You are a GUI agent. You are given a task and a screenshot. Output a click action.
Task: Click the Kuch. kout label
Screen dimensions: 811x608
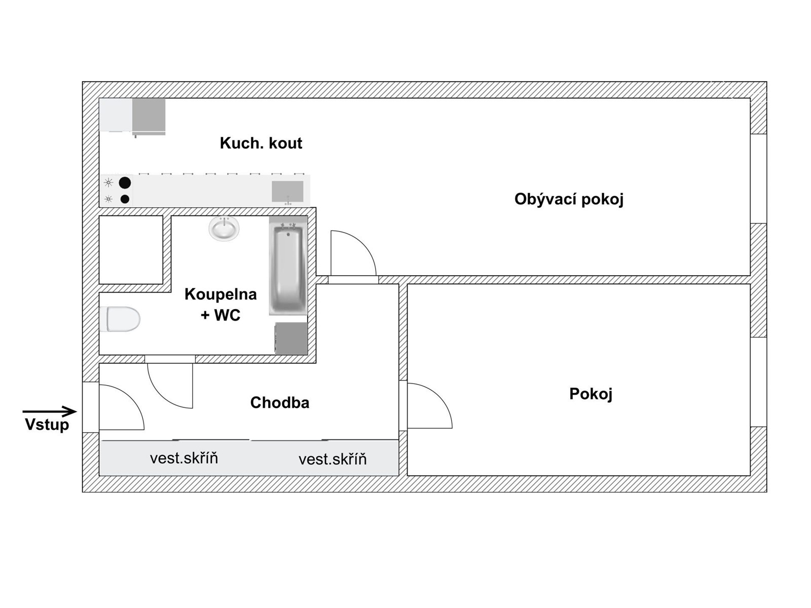[261, 143]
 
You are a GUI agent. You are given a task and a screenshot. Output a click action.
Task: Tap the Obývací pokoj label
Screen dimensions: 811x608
[569, 199]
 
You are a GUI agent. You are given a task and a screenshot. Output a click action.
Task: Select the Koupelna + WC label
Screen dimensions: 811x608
[220, 305]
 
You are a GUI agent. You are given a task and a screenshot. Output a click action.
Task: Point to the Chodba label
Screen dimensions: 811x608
[280, 402]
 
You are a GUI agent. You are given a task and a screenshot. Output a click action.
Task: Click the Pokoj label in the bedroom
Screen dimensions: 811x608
[591, 394]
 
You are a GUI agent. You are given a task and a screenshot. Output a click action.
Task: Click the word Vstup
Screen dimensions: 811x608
[47, 425]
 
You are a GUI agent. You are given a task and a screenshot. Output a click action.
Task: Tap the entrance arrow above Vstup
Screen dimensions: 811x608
[50, 411]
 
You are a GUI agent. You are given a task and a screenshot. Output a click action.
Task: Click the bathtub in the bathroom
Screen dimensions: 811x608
[288, 270]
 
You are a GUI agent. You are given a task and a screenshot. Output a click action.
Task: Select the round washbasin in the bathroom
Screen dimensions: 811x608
[224, 229]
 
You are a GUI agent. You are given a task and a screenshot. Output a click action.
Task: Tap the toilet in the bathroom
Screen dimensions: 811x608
[120, 319]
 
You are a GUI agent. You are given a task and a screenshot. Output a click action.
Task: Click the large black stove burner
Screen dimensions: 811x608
[125, 183]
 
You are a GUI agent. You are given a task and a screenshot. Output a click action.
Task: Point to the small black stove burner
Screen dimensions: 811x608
[125, 199]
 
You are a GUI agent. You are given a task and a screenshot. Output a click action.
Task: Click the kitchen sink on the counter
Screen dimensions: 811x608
[287, 192]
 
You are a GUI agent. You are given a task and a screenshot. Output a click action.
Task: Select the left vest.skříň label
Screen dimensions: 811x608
[183, 459]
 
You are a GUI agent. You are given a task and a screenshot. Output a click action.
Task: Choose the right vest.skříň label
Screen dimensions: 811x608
[333, 459]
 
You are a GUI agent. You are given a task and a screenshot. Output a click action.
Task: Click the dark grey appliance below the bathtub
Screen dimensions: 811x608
[291, 338]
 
